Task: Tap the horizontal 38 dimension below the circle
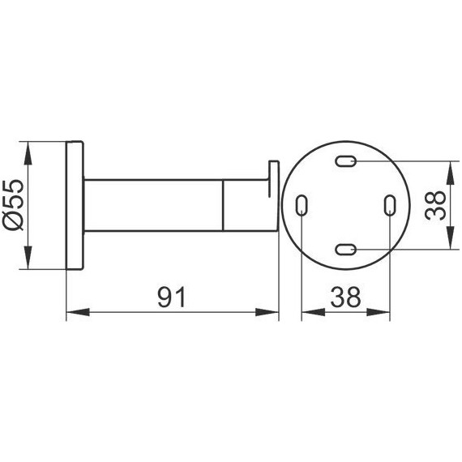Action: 345,297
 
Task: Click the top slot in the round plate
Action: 346,161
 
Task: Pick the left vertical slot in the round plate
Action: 302,205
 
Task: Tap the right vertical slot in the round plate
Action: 390,205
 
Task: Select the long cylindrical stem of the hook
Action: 154,205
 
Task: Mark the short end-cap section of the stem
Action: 247,205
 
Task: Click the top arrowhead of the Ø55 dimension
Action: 29,148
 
